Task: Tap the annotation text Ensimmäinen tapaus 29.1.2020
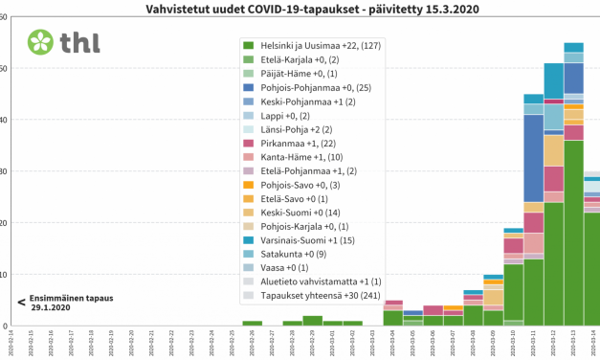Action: coord(71,303)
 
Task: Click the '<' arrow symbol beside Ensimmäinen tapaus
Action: coord(21,303)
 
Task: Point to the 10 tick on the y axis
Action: coord(5,275)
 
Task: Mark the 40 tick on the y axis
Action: coord(5,120)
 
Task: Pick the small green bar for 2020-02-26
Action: coord(252,324)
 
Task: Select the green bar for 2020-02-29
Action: coord(312,321)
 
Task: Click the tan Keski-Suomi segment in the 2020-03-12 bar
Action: coord(553,150)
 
